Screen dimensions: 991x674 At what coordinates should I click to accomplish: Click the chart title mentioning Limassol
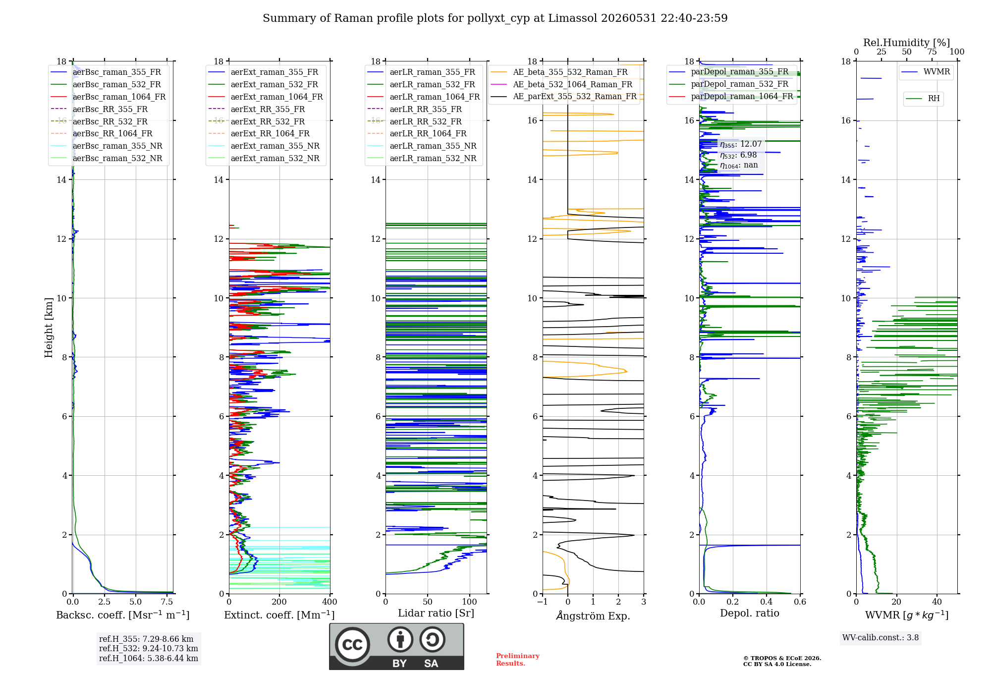point(495,18)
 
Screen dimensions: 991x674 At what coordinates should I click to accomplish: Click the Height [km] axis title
point(49,328)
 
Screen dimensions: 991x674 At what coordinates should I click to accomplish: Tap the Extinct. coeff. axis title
point(279,615)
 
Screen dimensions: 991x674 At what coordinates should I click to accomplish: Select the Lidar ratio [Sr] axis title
point(436,613)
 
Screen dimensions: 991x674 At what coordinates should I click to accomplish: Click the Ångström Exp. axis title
point(593,616)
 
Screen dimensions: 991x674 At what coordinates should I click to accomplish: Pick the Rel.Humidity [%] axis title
point(907,43)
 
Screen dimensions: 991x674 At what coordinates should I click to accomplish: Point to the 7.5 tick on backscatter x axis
point(167,602)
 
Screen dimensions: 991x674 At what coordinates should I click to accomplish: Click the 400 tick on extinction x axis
point(330,602)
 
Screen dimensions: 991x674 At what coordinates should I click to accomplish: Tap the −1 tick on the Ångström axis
point(543,602)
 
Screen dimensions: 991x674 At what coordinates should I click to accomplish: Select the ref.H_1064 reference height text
point(149,659)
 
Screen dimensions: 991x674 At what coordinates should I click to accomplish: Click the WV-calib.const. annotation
point(881,638)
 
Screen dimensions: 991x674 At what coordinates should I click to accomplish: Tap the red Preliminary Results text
point(518,660)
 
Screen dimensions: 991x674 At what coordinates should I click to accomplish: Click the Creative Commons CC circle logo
point(352,645)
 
